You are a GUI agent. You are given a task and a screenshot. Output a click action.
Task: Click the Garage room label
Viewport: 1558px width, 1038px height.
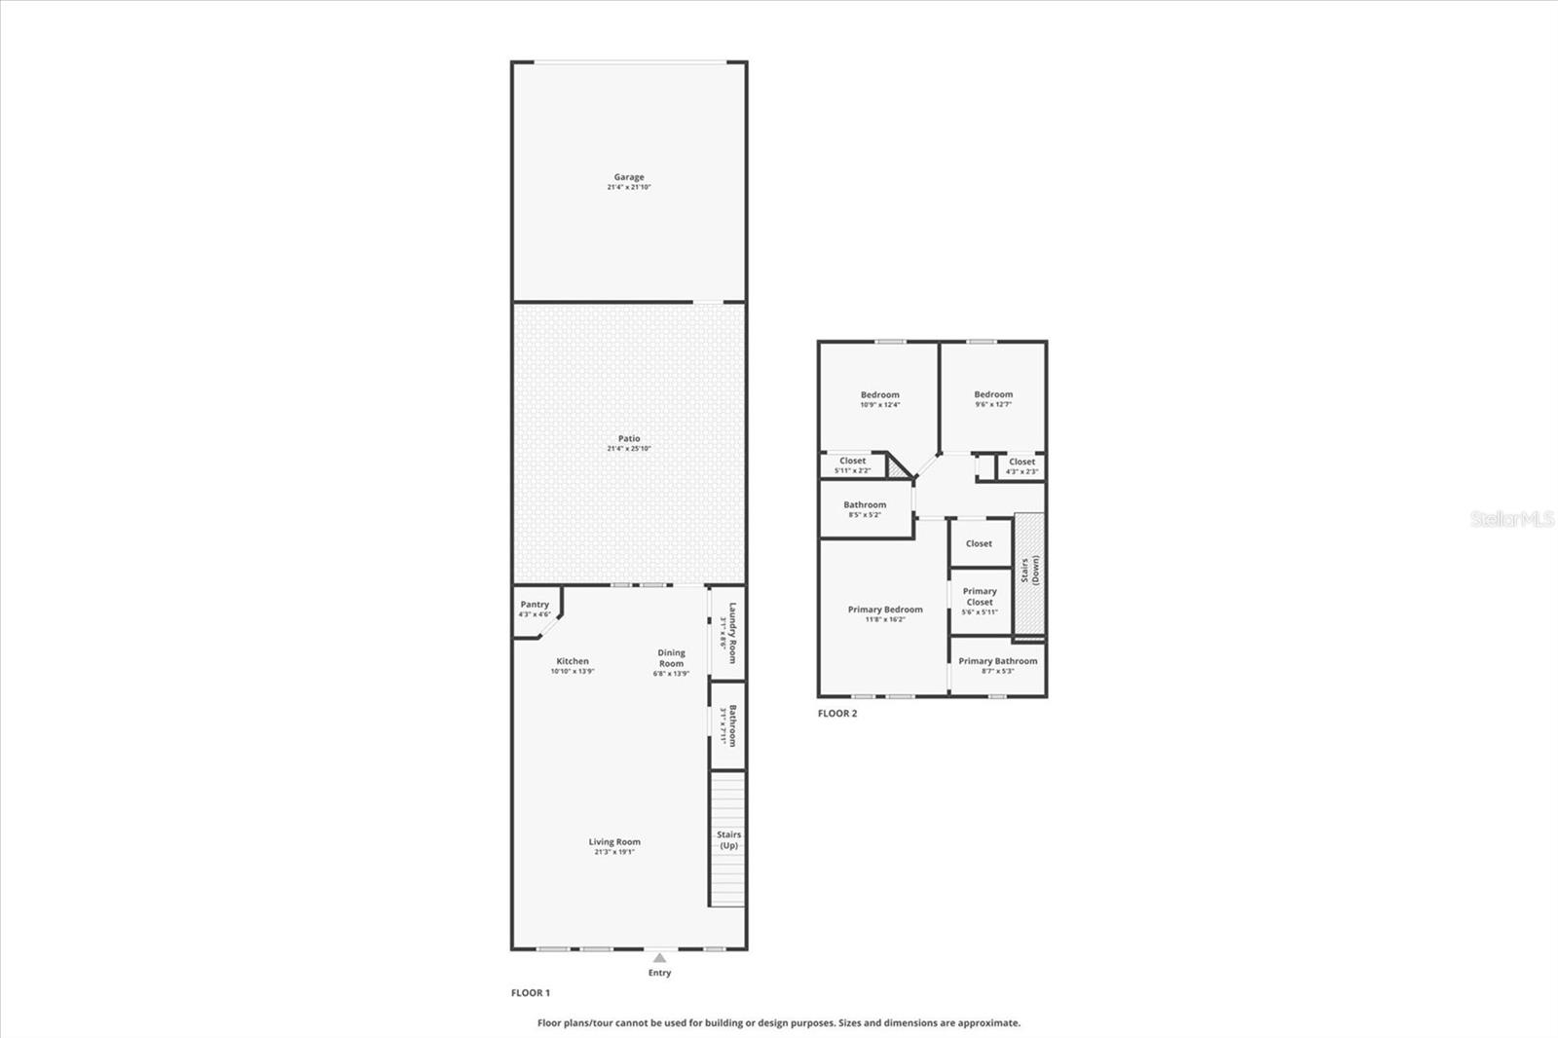coord(628,177)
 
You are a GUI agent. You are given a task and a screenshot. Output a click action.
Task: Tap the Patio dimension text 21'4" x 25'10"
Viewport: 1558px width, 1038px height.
coord(628,449)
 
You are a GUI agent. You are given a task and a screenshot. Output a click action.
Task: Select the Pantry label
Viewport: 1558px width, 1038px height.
coord(535,605)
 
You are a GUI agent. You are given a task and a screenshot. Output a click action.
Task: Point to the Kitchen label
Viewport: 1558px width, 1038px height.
coord(573,661)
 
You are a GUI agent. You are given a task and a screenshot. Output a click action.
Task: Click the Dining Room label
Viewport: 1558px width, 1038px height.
coord(671,658)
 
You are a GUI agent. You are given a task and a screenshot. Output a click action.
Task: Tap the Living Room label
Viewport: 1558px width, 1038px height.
coord(614,842)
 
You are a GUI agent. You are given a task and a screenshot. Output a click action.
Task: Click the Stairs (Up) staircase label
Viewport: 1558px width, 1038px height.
coord(728,840)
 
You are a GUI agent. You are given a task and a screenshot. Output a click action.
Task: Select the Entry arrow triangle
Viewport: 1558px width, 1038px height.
coord(659,958)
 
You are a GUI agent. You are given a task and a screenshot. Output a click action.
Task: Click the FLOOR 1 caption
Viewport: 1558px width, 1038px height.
coord(531,993)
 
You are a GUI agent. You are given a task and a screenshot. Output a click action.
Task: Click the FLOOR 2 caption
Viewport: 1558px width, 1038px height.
coord(837,714)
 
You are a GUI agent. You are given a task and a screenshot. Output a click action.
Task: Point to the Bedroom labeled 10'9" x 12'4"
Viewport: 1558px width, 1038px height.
coord(879,395)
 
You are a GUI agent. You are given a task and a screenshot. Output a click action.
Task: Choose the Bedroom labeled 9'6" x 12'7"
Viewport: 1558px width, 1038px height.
coord(993,395)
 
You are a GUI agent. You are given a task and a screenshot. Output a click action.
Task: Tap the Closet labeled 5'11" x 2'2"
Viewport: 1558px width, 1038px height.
coord(852,462)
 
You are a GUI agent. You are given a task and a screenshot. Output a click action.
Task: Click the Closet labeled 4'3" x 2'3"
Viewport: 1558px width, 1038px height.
coord(1021,463)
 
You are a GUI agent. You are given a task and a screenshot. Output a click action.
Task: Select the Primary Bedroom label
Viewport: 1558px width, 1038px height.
coord(885,610)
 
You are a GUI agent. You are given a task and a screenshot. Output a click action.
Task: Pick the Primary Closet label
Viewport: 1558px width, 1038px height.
coord(980,596)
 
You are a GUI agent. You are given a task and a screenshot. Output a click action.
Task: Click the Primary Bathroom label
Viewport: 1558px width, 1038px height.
coord(997,661)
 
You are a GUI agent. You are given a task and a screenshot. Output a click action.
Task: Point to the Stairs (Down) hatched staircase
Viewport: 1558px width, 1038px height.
coord(1029,575)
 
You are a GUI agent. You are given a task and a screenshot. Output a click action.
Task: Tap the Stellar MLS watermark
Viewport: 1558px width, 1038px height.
coord(1512,519)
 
